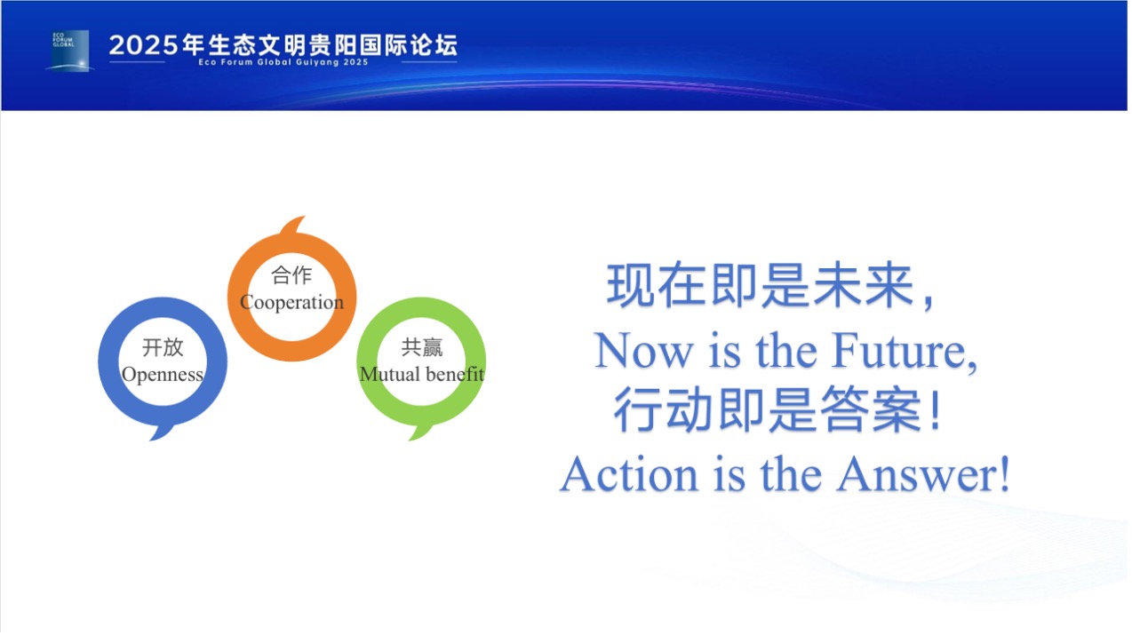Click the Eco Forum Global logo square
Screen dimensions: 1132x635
click(x=70, y=51)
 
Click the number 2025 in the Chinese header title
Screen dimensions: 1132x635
click(x=144, y=45)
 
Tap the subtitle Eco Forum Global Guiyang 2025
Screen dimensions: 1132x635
click(x=283, y=62)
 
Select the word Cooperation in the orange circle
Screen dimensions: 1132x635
click(x=291, y=302)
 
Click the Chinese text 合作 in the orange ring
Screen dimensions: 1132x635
click(x=291, y=275)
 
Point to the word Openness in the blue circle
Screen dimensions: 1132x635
click(x=163, y=375)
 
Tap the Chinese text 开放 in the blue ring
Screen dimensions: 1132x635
click(x=163, y=347)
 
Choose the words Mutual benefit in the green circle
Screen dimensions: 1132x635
click(x=421, y=374)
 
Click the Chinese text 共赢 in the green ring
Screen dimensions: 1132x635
click(x=422, y=347)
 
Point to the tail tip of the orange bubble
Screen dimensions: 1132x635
click(x=305, y=217)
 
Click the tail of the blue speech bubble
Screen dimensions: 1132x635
click(x=161, y=433)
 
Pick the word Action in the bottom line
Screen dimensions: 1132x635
click(x=630, y=474)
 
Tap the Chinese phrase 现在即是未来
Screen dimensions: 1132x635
click(x=761, y=285)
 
